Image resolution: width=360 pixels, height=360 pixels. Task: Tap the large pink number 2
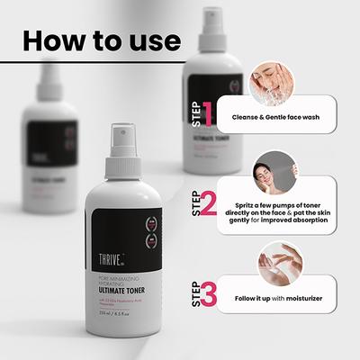click(209, 204)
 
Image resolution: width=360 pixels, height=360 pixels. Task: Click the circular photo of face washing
click(268, 79)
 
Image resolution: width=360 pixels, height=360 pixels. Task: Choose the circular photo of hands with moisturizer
click(268, 259)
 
